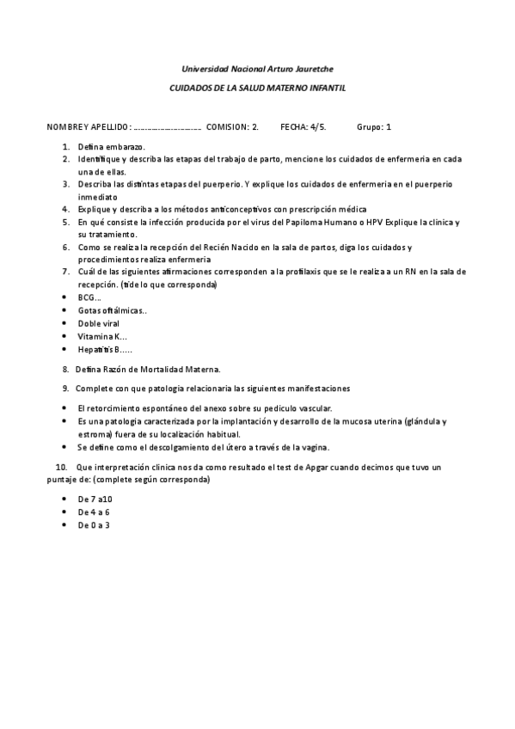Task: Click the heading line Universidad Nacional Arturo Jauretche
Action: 258,69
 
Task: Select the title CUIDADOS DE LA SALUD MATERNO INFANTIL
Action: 258,88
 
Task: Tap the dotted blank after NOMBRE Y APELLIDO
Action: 168,127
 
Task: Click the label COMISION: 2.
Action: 233,126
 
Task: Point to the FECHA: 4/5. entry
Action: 303,126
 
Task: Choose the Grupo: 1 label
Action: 374,126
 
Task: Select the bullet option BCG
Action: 89,297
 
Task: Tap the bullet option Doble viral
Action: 98,323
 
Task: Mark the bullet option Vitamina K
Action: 101,336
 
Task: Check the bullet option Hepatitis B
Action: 104,349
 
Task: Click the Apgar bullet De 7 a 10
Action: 95,499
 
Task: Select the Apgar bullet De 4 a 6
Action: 93,512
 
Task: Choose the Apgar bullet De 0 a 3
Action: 93,524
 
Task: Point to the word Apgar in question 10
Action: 353,467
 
